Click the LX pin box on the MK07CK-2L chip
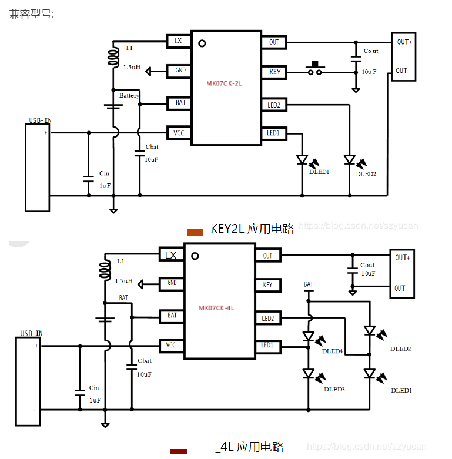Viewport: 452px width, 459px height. [178, 41]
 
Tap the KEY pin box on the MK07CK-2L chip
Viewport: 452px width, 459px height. [274, 72]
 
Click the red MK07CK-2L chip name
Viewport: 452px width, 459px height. [224, 83]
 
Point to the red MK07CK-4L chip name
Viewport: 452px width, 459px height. [216, 308]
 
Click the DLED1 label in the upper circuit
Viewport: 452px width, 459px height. [319, 172]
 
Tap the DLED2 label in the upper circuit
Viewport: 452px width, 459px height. [366, 174]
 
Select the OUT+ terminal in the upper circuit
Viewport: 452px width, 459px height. [404, 42]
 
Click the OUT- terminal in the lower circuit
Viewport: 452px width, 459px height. [402, 288]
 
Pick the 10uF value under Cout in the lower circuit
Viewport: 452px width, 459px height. [368, 274]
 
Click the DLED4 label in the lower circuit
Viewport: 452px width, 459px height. [332, 351]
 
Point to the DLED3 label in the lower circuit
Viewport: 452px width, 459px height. [334, 389]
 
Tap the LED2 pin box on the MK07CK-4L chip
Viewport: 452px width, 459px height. [268, 319]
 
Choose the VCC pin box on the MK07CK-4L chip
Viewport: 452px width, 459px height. [171, 345]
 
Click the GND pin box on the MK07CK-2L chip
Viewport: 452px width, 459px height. [180, 71]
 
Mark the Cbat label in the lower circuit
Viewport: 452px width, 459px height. [144, 361]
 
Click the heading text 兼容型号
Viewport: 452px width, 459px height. [31, 14]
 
